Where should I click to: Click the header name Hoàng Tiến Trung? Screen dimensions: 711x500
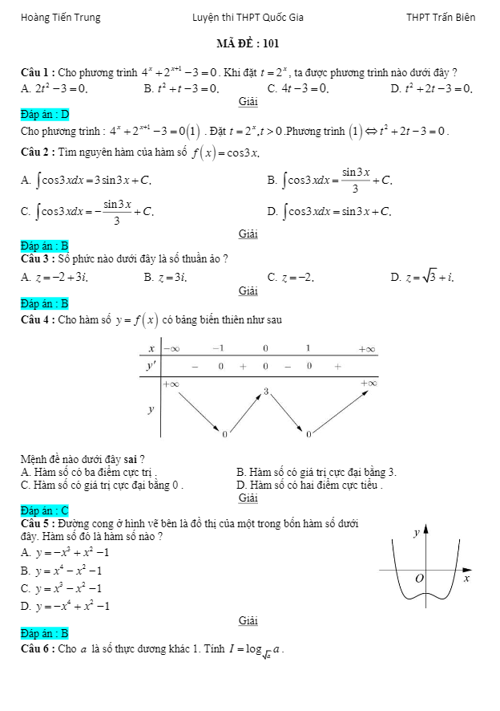coord(61,17)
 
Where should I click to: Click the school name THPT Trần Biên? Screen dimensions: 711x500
coord(441,17)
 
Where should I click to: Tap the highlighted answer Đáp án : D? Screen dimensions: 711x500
coord(45,114)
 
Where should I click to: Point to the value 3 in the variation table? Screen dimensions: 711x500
coord(266,391)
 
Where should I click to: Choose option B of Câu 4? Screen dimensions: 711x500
coord(317,472)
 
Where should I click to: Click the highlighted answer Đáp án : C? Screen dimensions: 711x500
coord(45,510)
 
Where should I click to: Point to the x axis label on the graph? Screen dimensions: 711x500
coord(466,578)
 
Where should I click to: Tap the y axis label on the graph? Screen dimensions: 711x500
coord(416,532)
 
